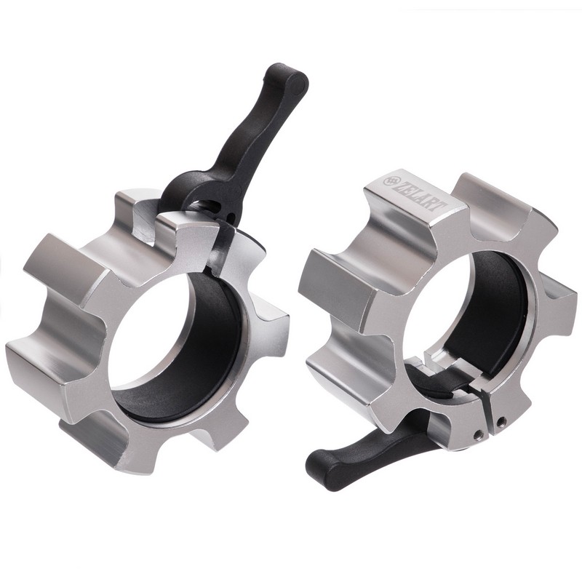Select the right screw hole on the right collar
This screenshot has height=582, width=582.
tap(501, 420)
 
